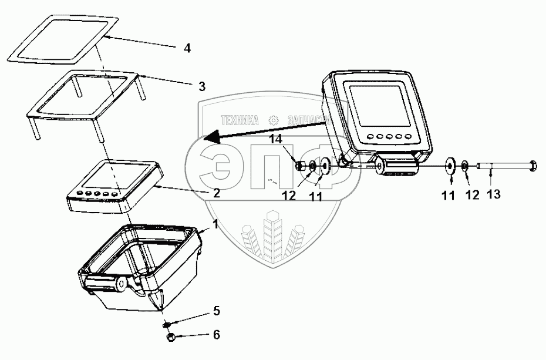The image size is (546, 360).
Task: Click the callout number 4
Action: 187,49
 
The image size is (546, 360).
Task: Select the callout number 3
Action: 201,86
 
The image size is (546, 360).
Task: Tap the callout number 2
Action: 217,193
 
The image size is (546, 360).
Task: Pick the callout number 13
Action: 494,194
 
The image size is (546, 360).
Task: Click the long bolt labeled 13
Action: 499,166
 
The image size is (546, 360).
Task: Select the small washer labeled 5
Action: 166,324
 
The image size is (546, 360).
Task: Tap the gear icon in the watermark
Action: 274,120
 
